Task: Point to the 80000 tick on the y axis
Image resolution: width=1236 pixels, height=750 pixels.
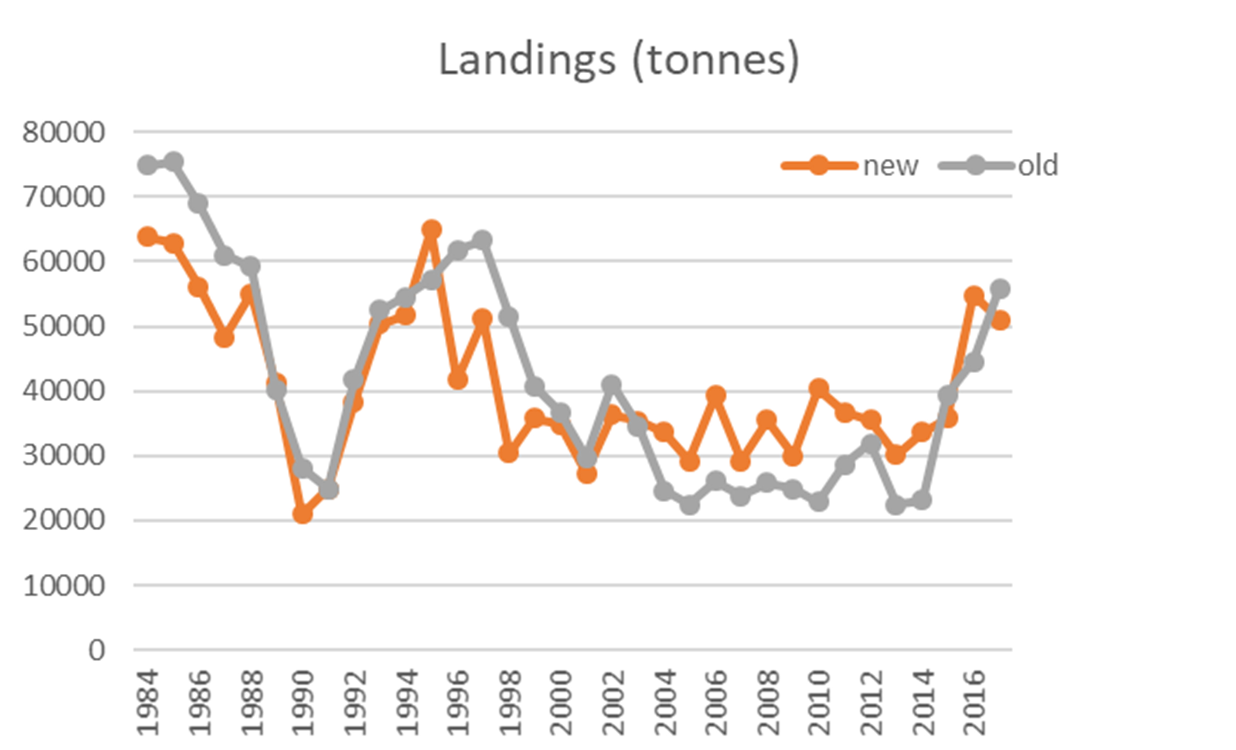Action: tap(64, 133)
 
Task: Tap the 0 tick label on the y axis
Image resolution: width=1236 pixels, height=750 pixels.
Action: tap(97, 650)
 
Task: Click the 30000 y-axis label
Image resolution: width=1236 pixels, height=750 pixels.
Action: tap(64, 456)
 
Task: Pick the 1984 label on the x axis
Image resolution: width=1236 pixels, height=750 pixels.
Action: tap(148, 702)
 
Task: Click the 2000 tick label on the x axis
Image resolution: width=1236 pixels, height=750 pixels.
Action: tap(561, 702)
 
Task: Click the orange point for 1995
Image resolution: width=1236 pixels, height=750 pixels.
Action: tap(431, 230)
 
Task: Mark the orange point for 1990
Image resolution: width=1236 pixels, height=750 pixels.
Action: tap(303, 514)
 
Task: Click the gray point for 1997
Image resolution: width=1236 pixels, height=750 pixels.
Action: tap(483, 240)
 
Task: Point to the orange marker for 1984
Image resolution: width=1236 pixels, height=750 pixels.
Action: tap(147, 236)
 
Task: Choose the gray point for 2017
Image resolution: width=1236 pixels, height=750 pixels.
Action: tap(1000, 289)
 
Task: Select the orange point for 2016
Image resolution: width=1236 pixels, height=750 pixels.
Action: tap(974, 296)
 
